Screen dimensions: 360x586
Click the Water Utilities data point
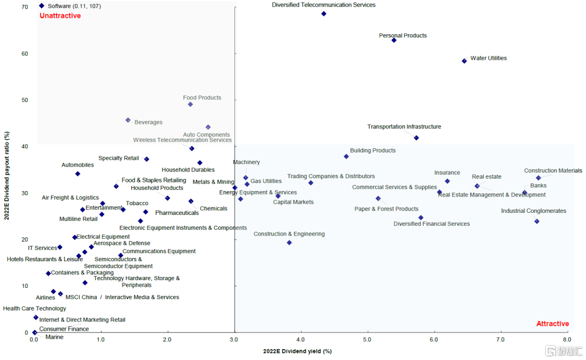(464, 61)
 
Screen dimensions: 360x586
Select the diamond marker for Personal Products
(394, 40)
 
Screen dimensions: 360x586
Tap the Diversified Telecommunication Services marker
(323, 14)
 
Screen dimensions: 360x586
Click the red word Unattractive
(60, 16)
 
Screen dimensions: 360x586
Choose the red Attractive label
(552, 324)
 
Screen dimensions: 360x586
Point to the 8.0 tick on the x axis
(567, 340)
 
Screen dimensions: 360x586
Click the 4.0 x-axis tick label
(301, 340)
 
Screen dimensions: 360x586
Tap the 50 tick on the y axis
(25, 100)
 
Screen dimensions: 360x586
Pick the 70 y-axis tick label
(25, 7)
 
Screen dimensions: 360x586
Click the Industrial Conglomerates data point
(537, 221)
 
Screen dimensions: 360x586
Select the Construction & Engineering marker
(289, 243)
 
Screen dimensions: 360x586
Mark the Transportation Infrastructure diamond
(416, 138)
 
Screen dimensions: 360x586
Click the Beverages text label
(148, 122)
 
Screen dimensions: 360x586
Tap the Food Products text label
(202, 98)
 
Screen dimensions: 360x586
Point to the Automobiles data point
(78, 174)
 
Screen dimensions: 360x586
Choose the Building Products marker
(346, 156)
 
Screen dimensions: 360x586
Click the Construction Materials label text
(553, 170)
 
